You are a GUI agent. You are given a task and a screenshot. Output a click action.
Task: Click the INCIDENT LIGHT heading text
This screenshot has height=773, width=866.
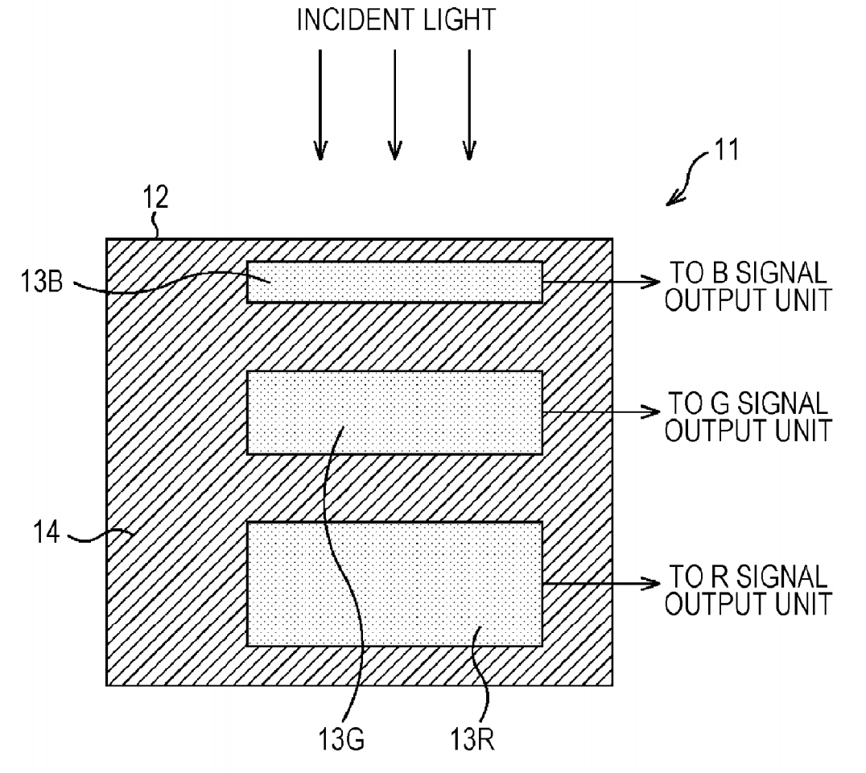click(396, 20)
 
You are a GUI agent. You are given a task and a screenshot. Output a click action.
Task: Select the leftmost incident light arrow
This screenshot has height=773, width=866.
click(320, 105)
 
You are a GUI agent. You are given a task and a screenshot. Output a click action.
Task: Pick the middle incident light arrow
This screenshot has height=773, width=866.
click(394, 105)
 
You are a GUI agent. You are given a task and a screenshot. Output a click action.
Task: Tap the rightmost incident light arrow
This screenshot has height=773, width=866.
click(469, 105)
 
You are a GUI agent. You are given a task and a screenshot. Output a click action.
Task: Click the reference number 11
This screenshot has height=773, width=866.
click(726, 149)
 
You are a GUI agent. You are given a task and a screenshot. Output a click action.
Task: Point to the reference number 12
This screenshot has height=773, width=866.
click(155, 196)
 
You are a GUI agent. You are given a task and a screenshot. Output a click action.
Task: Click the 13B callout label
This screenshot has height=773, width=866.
click(42, 281)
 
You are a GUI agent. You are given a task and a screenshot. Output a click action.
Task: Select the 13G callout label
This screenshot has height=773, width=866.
click(340, 738)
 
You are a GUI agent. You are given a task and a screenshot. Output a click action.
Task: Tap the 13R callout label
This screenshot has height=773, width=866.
click(472, 738)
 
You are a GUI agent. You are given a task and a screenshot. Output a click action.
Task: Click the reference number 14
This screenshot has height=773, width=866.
click(47, 533)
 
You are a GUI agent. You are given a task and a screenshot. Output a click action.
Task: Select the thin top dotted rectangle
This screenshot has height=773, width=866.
click(394, 282)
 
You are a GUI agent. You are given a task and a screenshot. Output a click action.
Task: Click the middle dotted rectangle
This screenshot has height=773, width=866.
click(394, 412)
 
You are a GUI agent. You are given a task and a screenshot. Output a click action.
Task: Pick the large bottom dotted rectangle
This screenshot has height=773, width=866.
click(394, 584)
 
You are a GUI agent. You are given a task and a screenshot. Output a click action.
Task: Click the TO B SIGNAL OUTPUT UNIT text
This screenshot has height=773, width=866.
click(748, 287)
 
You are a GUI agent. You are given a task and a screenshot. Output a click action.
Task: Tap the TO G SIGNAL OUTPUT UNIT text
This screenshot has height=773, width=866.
click(748, 417)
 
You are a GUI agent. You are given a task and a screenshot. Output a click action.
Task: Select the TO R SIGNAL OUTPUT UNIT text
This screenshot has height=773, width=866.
click(748, 589)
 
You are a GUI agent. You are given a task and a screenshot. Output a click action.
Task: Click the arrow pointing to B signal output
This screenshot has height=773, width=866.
click(601, 282)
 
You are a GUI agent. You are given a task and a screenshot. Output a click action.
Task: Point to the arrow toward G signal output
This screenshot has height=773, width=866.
click(601, 411)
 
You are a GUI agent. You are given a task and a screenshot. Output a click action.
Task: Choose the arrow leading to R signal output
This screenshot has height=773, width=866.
click(601, 584)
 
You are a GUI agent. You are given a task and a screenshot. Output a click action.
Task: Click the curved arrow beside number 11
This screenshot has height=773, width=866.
click(688, 178)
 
